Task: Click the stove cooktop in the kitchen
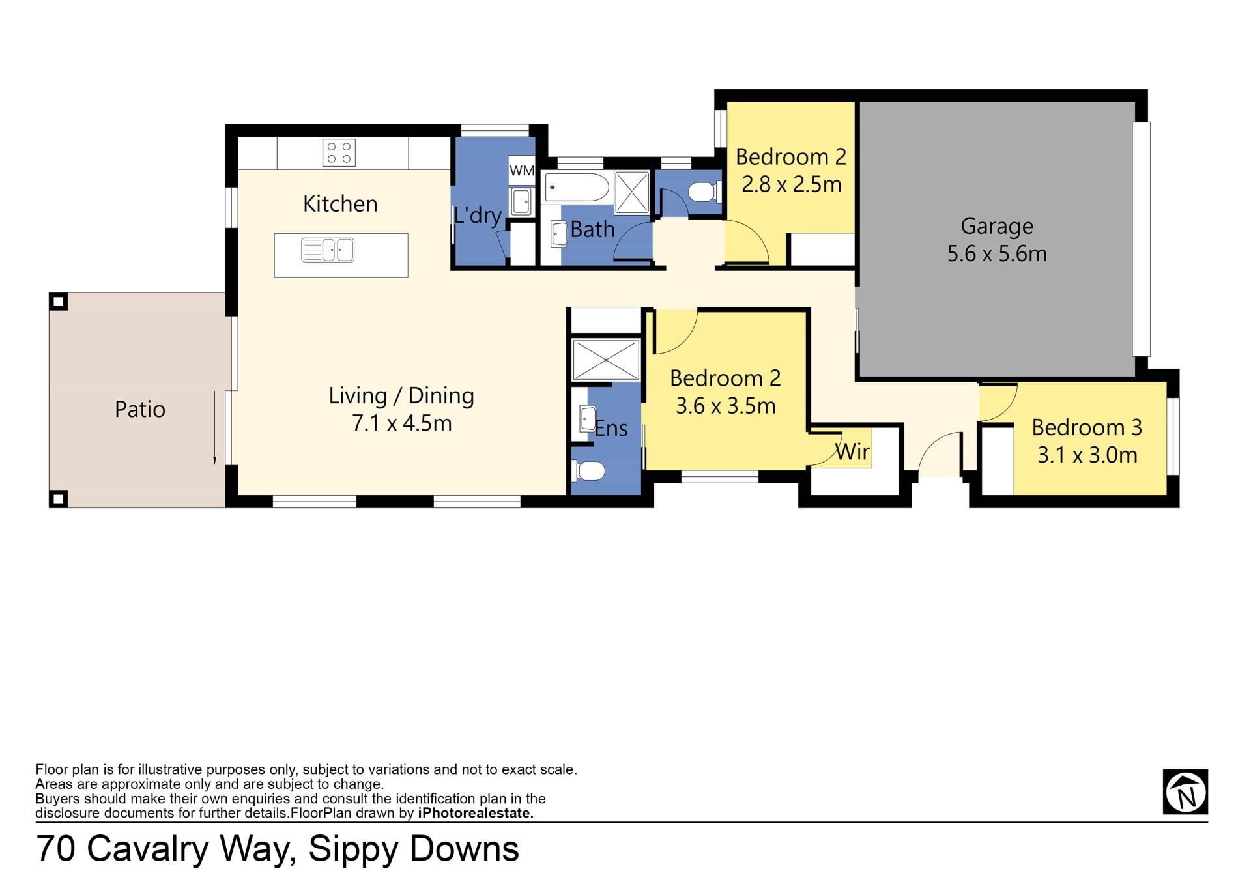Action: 339,153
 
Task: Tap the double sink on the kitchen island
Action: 328,250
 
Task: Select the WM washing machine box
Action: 522,171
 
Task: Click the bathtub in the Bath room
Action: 577,188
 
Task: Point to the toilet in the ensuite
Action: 588,470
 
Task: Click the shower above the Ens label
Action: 605,360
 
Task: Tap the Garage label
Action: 997,226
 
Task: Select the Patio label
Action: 140,409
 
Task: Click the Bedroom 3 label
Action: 1087,427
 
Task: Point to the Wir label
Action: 852,451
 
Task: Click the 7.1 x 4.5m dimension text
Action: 402,423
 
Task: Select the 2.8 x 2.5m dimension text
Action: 792,184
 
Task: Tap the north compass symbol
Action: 1185,792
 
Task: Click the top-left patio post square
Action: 59,302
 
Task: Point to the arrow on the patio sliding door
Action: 215,427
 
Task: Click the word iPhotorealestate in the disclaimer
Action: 476,813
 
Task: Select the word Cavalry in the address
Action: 147,849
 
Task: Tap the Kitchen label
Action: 340,204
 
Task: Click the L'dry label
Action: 478,215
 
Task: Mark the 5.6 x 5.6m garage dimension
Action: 997,253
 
